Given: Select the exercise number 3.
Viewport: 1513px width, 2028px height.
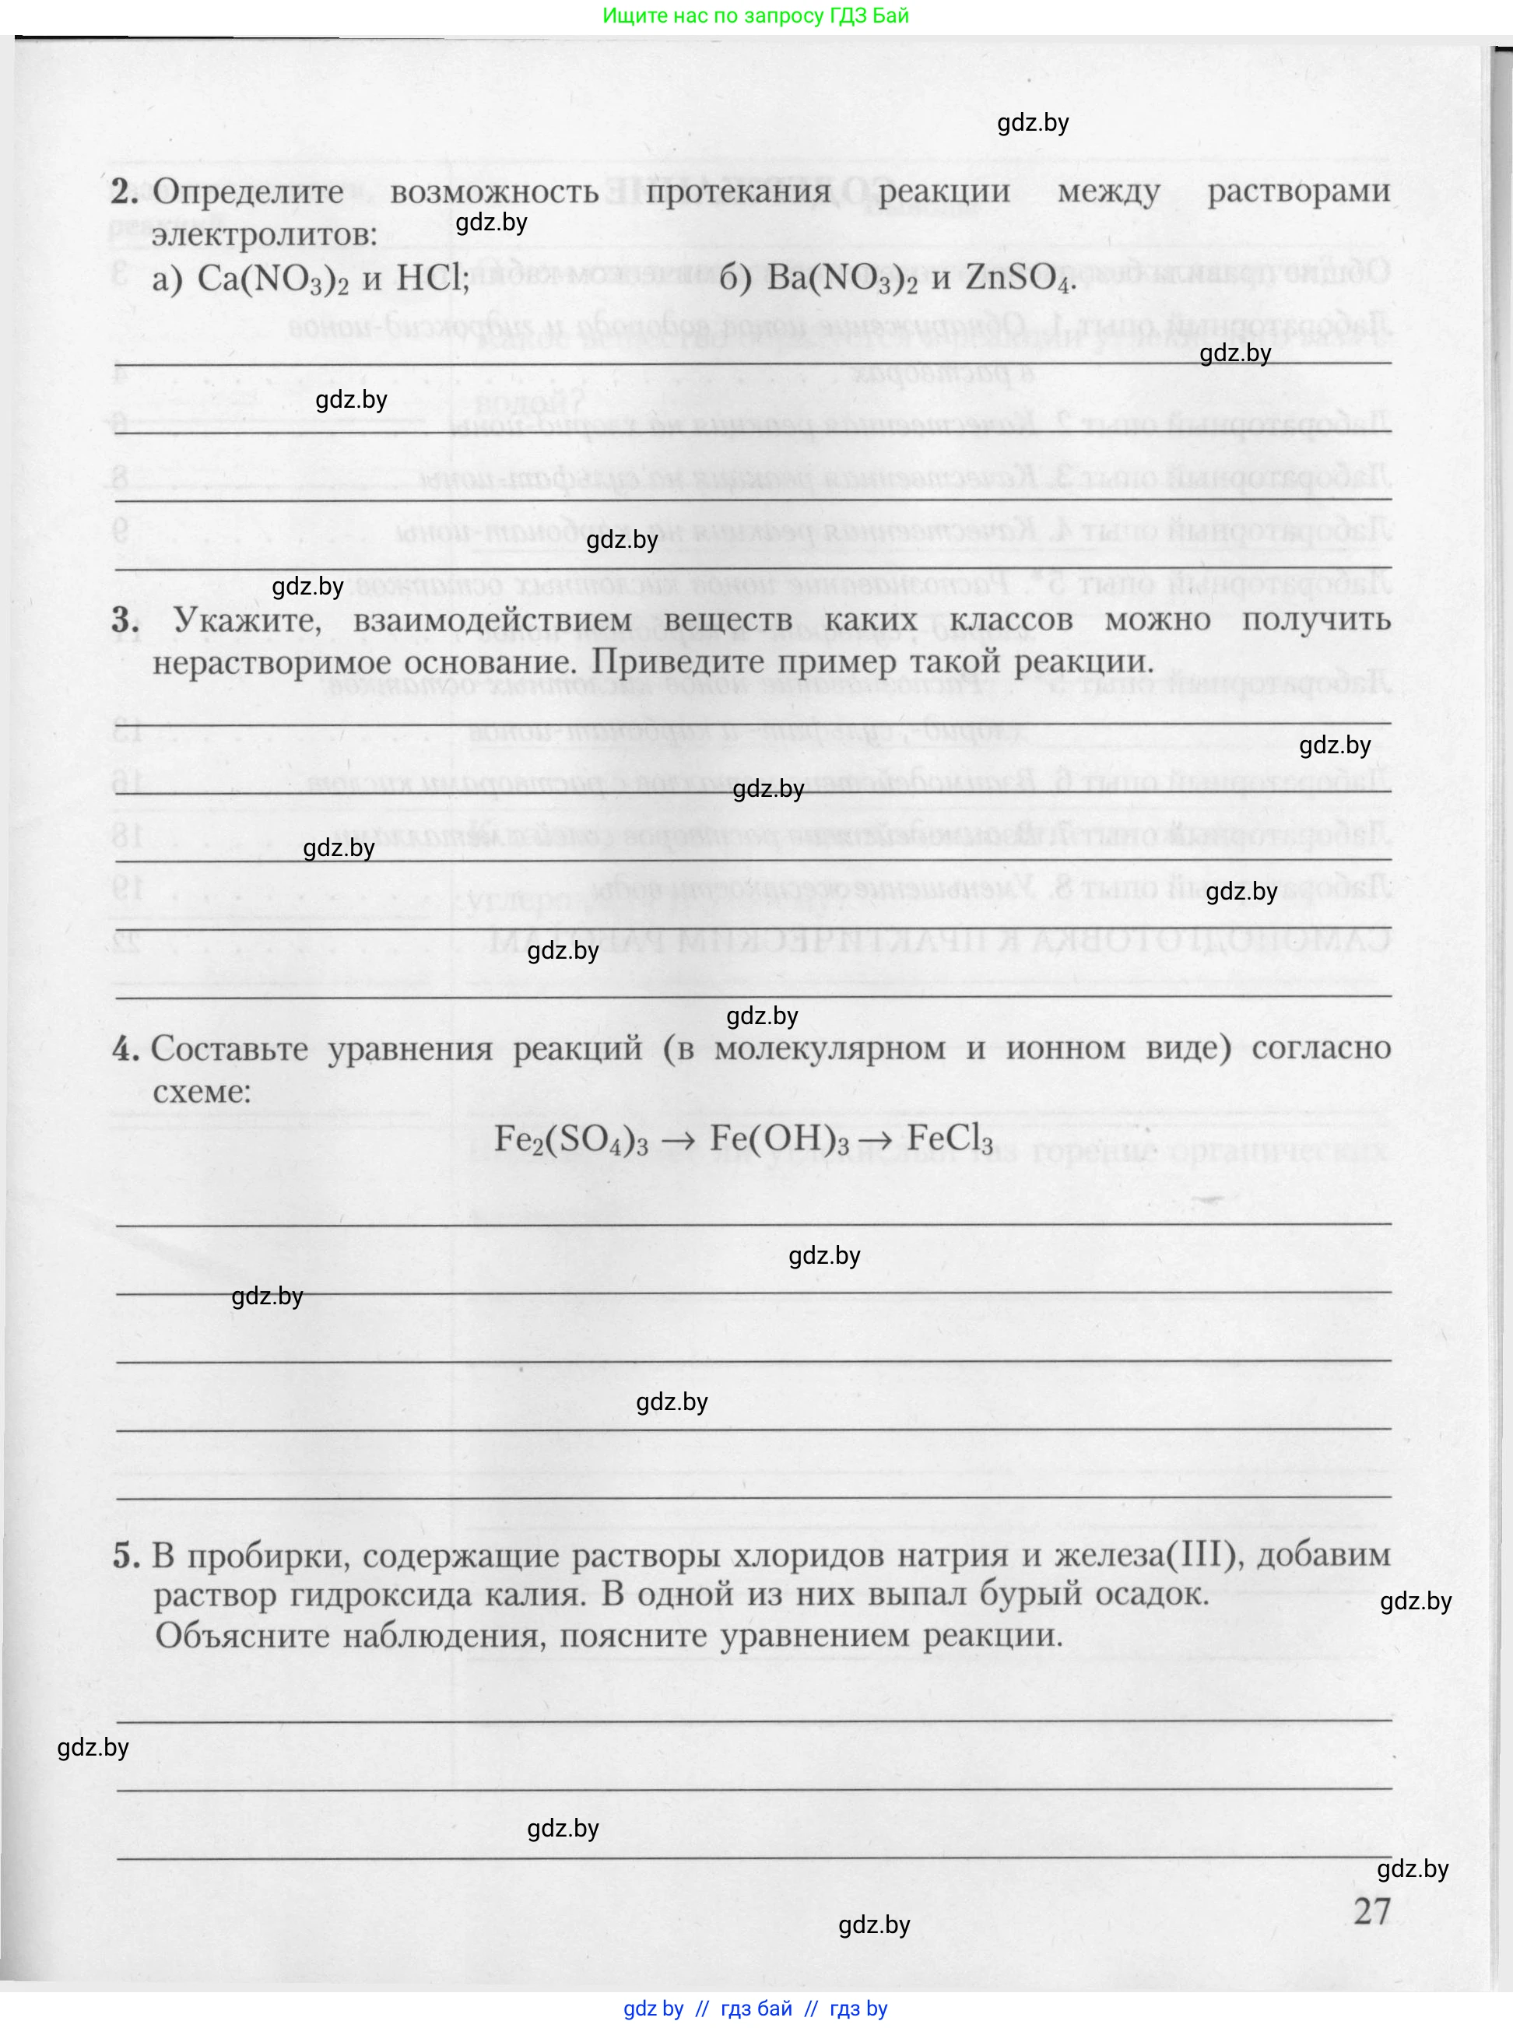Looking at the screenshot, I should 125,620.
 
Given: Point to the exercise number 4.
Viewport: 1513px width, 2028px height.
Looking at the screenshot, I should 125,1048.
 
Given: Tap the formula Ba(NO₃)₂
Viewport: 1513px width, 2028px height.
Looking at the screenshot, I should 841,279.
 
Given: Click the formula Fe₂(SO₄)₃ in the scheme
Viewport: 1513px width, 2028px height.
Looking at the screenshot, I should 570,1139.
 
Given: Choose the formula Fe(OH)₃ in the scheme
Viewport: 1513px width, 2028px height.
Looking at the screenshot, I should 779,1139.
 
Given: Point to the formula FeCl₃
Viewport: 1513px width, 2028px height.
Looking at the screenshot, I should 950,1139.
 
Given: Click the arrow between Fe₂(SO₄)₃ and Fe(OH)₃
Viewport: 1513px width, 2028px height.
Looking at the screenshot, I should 679,1140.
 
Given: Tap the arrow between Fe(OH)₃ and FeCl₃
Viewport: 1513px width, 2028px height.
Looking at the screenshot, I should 877,1140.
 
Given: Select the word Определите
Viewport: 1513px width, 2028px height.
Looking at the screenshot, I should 247,193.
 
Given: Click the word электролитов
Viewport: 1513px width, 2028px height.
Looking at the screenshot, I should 265,235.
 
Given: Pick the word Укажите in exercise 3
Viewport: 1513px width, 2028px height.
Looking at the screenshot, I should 247,620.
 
